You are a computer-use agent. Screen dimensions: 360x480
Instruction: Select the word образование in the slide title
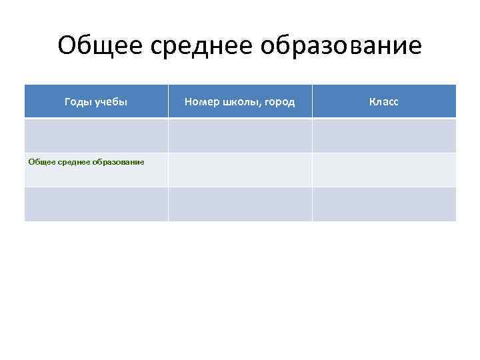point(341,46)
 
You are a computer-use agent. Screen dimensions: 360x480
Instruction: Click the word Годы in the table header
point(79,102)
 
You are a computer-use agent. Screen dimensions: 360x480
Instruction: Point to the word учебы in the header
point(111,102)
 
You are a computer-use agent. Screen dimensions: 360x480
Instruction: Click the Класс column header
point(384,102)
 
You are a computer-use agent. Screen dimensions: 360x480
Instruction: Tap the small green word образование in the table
point(119,161)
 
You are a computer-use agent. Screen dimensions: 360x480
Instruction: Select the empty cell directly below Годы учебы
point(96,135)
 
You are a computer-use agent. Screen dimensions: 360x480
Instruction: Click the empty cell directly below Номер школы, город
point(240,135)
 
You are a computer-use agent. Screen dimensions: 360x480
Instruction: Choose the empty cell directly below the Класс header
point(384,135)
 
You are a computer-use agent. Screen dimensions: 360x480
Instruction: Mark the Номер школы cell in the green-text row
point(240,170)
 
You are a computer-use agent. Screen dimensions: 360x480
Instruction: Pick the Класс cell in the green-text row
point(384,170)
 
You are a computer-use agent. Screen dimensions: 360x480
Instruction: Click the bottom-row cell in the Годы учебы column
point(96,204)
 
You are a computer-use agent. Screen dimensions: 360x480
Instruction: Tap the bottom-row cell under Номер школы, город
point(240,204)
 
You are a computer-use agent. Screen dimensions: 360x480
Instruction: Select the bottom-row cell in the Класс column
point(384,204)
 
